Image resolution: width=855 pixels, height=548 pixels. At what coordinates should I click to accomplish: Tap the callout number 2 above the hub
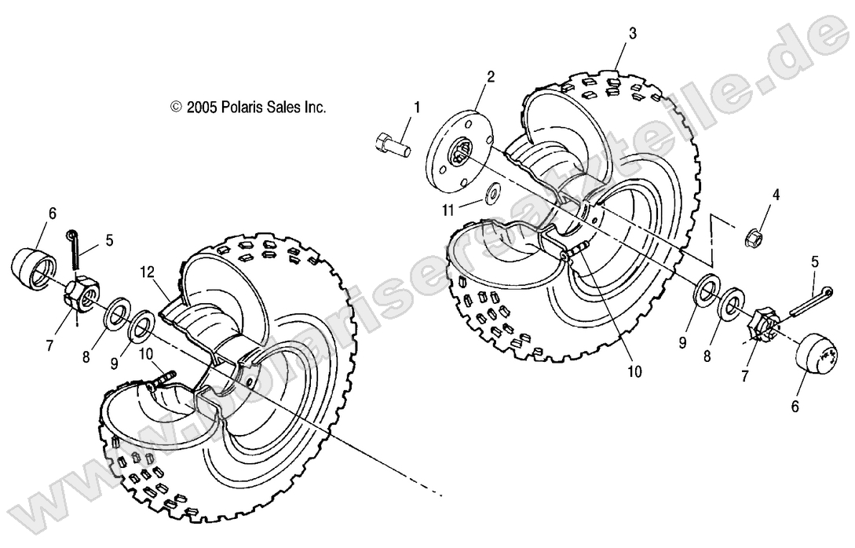point(491,76)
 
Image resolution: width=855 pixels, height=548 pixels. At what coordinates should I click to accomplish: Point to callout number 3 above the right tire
point(633,33)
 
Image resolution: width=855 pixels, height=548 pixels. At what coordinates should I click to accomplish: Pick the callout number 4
point(776,194)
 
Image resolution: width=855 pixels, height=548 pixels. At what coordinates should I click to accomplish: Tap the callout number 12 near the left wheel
point(146,272)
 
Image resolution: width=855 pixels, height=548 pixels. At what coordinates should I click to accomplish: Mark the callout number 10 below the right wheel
point(634,371)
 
